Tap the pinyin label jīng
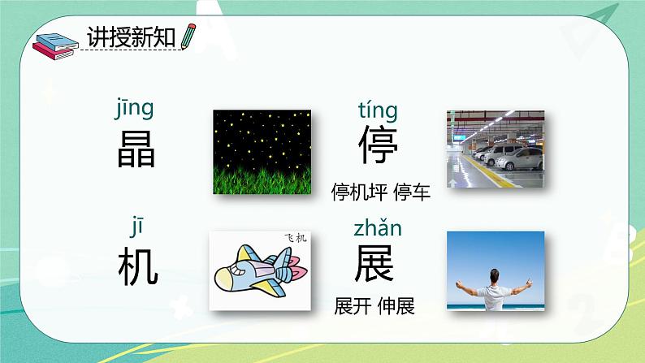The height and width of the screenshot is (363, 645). (134, 108)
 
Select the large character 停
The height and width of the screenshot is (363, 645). (379, 146)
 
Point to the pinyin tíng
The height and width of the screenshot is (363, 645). (378, 110)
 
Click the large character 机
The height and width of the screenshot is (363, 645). (137, 266)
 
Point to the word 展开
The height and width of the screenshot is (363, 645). (353, 307)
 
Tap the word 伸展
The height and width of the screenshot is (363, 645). (396, 307)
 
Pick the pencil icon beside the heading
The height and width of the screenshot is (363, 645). (189, 36)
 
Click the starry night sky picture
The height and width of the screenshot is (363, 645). (261, 152)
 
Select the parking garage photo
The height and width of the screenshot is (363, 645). (495, 147)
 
